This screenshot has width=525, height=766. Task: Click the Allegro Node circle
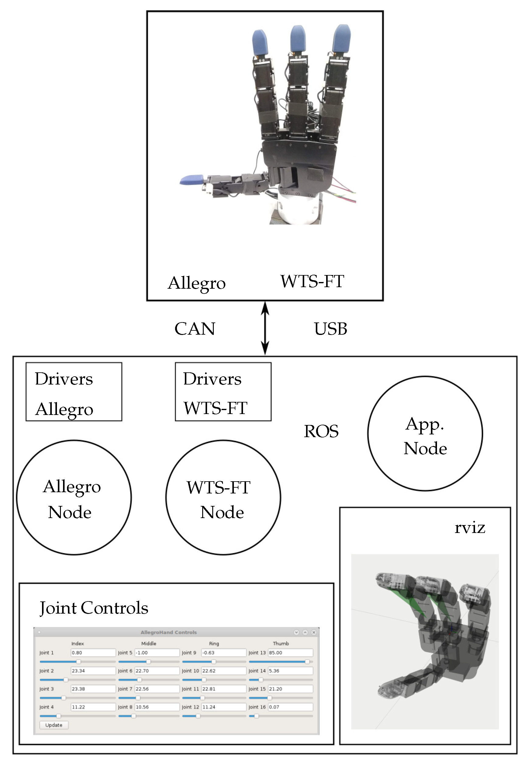[74, 498]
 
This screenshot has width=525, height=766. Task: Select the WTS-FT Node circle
[223, 498]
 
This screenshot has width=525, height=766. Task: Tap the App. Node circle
[425, 434]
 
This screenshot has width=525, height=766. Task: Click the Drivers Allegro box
[74, 392]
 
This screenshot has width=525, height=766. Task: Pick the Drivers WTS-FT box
[223, 392]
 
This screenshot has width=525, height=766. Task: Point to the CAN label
[195, 329]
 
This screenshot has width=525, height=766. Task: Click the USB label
[330, 329]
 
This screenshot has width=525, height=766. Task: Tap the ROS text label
[321, 431]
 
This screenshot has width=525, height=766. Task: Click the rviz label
[470, 528]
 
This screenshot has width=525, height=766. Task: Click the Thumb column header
[280, 643]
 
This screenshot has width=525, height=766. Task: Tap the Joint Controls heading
[94, 608]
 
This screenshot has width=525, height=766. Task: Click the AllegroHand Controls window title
[169, 632]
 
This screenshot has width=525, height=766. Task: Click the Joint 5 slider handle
[149, 662]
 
